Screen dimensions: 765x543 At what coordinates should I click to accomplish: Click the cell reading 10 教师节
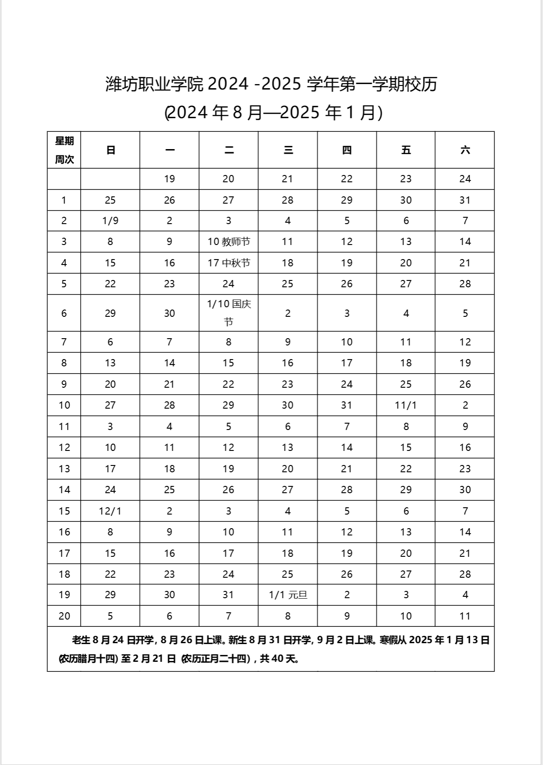229,242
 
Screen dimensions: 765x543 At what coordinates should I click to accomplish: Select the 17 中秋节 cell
229,263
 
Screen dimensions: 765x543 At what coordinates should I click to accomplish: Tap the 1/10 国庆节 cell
229,313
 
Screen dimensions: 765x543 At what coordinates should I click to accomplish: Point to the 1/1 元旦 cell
288,595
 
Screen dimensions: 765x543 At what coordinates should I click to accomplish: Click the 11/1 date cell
406,405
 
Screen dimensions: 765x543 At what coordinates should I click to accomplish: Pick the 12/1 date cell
110,511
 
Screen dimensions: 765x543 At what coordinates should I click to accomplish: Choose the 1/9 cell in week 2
110,220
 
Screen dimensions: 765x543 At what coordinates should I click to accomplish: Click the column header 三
288,150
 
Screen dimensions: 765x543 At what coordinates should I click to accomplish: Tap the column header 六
465,150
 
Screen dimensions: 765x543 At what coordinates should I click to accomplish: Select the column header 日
110,150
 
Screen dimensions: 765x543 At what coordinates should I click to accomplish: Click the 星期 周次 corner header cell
64,150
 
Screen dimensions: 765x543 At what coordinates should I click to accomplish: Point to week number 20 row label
64,616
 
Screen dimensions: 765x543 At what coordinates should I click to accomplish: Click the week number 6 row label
64,313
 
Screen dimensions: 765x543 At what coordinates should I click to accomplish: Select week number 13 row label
64,469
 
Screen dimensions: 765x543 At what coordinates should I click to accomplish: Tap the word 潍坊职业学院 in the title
154,84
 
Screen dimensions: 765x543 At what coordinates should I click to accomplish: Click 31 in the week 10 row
347,405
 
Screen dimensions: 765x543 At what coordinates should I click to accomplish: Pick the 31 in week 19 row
228,595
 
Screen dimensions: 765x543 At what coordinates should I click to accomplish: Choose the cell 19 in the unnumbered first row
169,179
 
